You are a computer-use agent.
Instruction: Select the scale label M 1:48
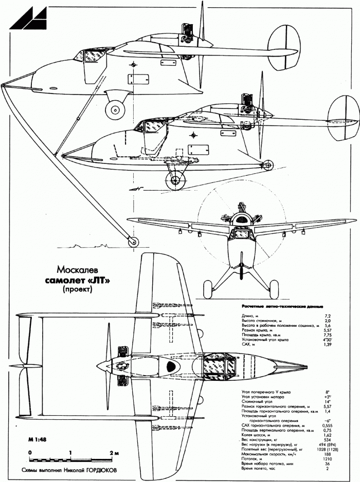click(x=32, y=441)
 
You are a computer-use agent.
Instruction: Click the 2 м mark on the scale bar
click(x=114, y=452)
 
